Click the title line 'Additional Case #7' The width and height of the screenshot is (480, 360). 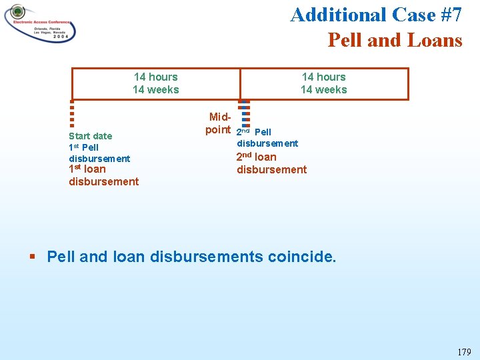pyautogui.click(x=376, y=15)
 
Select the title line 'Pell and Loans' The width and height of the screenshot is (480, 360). pyautogui.click(x=395, y=40)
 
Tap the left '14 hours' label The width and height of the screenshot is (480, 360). pyautogui.click(x=155, y=77)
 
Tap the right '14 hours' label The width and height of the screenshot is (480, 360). pyautogui.click(x=323, y=77)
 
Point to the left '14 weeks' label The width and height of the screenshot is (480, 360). pyautogui.click(x=155, y=89)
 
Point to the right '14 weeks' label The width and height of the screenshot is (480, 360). pyautogui.click(x=323, y=89)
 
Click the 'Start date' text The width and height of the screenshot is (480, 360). pyautogui.click(x=90, y=136)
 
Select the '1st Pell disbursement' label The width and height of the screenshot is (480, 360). pyautogui.click(x=99, y=153)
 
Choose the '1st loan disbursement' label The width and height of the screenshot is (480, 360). pyautogui.click(x=103, y=175)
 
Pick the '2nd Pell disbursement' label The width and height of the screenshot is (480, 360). pyautogui.click(x=267, y=138)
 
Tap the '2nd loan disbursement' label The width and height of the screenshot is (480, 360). pyautogui.click(x=271, y=163)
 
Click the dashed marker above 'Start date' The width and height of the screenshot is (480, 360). pyautogui.click(x=71, y=113)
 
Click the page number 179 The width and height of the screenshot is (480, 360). pyautogui.click(x=464, y=352)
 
